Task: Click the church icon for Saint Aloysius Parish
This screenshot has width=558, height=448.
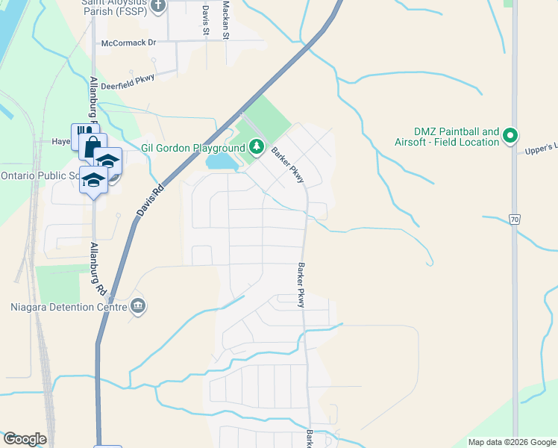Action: [157, 7]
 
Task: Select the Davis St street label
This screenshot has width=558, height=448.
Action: [205, 19]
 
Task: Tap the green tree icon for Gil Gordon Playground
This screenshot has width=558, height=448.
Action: [257, 146]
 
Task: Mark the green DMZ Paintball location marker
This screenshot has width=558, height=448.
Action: [510, 136]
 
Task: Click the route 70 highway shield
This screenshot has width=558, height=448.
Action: [515, 219]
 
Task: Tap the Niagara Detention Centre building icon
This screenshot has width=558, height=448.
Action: [138, 305]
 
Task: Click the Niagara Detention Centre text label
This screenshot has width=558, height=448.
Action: [67, 305]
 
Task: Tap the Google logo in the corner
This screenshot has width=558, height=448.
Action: [25, 439]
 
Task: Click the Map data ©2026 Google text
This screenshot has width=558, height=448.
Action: [511, 442]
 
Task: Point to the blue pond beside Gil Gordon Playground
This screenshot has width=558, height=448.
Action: [222, 161]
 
